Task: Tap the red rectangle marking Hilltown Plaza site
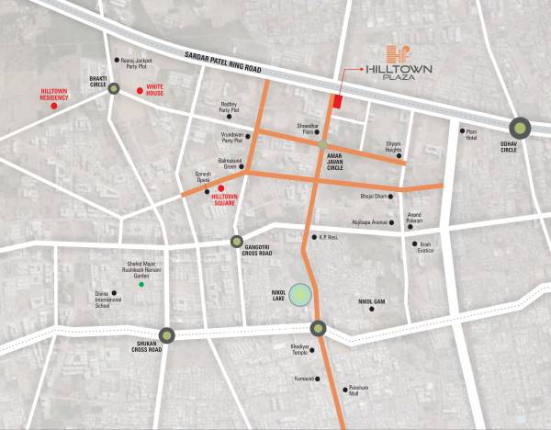tap(337, 101)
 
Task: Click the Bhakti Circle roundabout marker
tap(113, 89)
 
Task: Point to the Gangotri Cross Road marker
tap(237, 242)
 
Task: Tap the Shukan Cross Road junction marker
tap(166, 335)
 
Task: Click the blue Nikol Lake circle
tap(302, 295)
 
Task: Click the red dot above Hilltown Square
tap(221, 188)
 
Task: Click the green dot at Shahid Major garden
tap(141, 286)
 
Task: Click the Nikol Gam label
tap(371, 300)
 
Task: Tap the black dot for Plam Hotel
tap(461, 130)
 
